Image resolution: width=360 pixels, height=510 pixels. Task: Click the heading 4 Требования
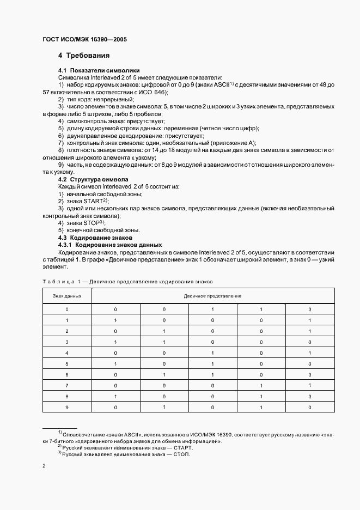[x=84, y=56]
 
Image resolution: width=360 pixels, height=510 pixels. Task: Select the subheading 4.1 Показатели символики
[x=91, y=71]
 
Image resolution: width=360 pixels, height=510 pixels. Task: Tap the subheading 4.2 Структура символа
[x=93, y=179]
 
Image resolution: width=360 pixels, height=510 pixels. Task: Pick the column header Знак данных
[x=67, y=295]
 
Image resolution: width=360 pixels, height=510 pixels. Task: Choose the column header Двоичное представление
[x=212, y=295]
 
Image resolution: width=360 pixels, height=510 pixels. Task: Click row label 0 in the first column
[x=67, y=309]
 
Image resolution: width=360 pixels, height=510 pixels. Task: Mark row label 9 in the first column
[x=67, y=408]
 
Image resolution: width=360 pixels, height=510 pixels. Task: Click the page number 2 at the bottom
[x=44, y=466]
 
